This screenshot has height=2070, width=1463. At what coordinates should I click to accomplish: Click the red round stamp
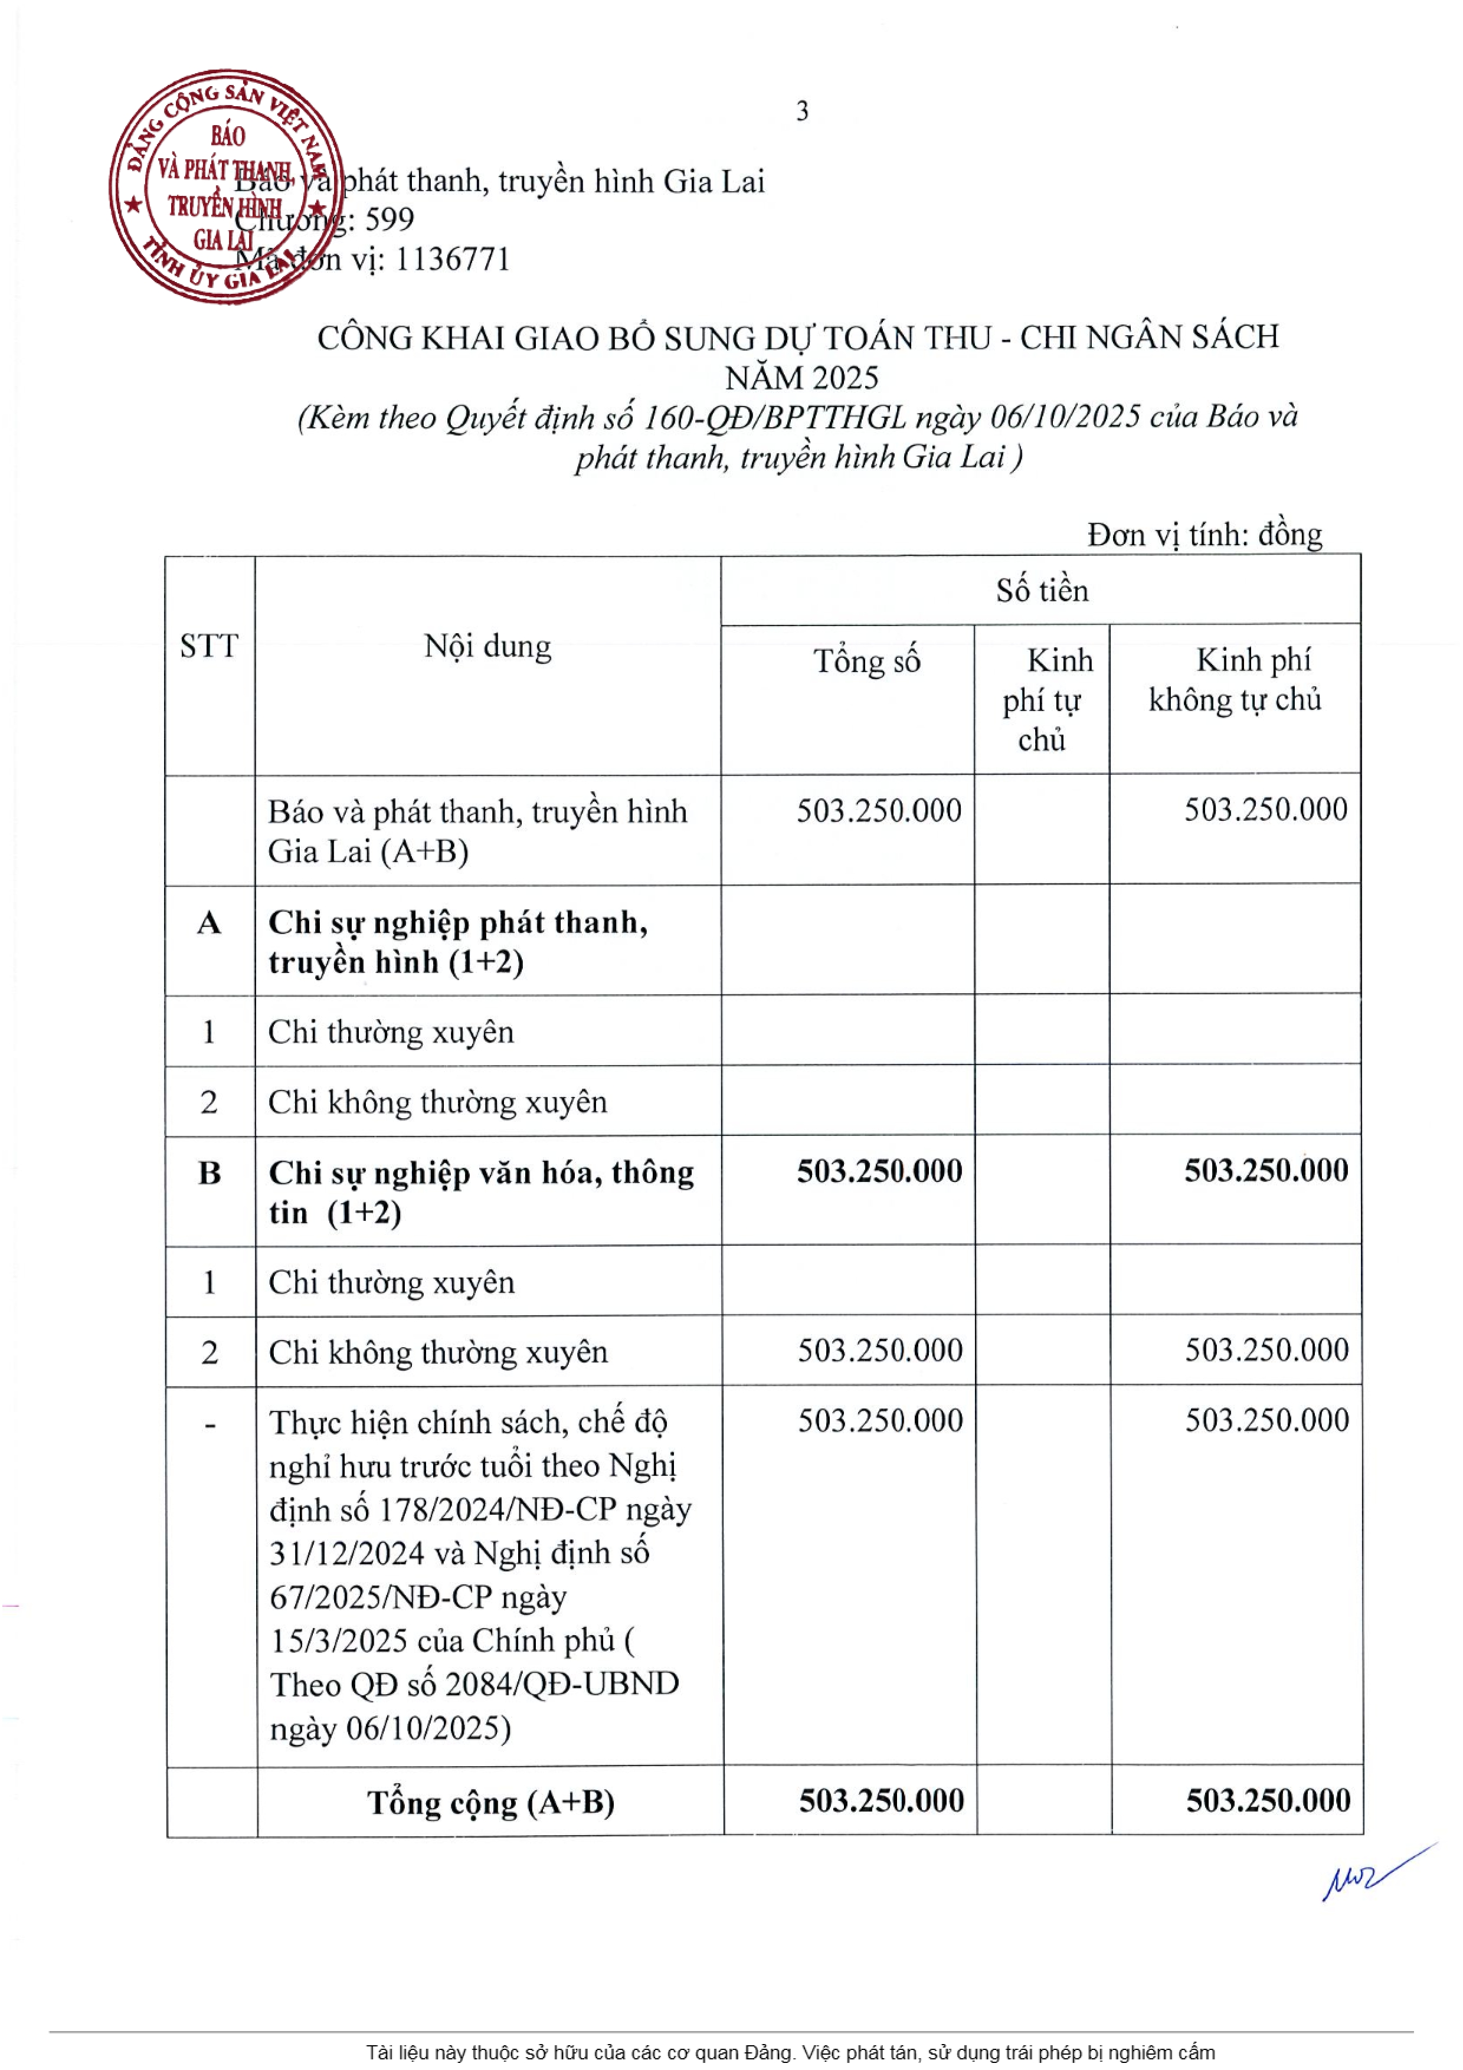coord(225,186)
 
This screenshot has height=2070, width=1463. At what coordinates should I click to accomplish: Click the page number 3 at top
coord(801,112)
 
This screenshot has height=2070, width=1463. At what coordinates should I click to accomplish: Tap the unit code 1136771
coord(453,260)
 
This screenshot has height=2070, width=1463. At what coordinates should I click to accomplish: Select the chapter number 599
coord(390,219)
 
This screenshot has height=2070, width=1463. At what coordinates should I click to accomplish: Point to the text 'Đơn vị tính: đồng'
coord(1205,535)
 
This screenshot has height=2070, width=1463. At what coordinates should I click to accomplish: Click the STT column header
coord(209,646)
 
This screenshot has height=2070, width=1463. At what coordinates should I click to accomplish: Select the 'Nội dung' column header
coord(487,646)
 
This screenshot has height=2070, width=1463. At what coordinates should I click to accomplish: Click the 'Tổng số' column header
coord(866,661)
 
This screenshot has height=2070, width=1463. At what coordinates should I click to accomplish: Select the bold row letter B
coord(209,1173)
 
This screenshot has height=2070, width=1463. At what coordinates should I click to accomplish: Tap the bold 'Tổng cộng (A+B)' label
coord(490,1802)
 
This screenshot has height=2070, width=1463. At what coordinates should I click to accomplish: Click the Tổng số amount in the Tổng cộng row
coord(881,1800)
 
